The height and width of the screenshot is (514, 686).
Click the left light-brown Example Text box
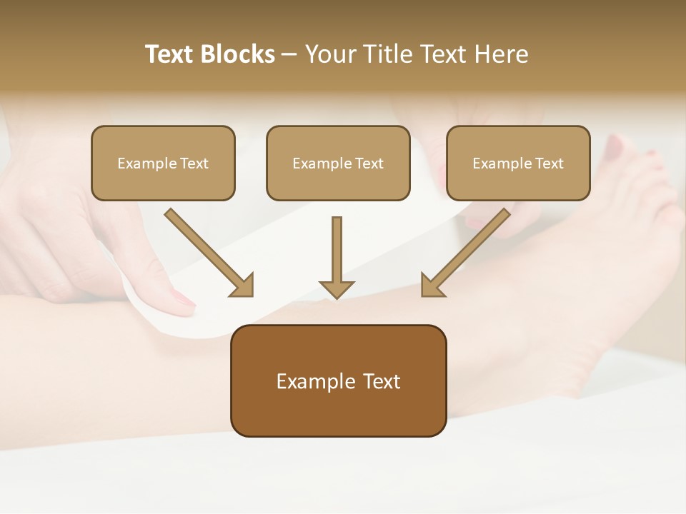click(x=163, y=163)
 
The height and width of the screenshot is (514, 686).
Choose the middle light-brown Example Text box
click(x=338, y=163)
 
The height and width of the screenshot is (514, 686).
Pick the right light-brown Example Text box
click(x=518, y=163)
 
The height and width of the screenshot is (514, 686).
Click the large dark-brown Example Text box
click(x=338, y=381)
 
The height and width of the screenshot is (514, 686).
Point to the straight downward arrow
click(x=337, y=253)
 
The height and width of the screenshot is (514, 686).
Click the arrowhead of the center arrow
click(x=337, y=288)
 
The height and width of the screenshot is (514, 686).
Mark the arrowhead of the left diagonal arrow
click(x=243, y=286)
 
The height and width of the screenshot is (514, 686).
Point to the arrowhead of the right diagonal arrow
click(x=432, y=286)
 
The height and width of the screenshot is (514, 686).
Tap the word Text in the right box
click(x=550, y=163)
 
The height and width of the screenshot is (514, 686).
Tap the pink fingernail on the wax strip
click(x=182, y=299)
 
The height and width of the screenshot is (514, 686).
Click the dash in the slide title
click(x=289, y=55)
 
